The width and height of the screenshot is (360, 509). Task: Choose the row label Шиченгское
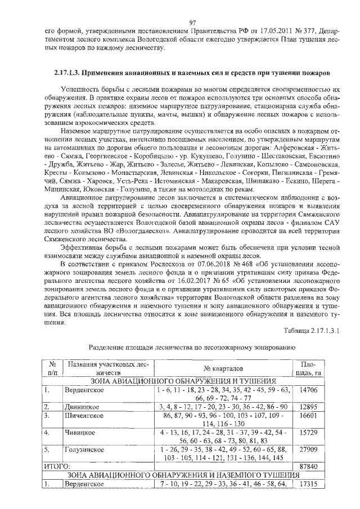click(x=83, y=417)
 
